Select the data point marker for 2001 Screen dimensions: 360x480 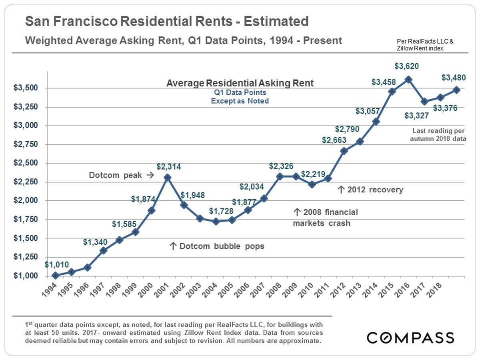[168, 177]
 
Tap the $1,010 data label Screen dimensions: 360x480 [56, 265]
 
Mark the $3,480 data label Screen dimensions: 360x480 [454, 78]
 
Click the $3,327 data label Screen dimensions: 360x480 [417, 116]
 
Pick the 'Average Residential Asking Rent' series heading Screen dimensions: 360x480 [240, 83]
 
